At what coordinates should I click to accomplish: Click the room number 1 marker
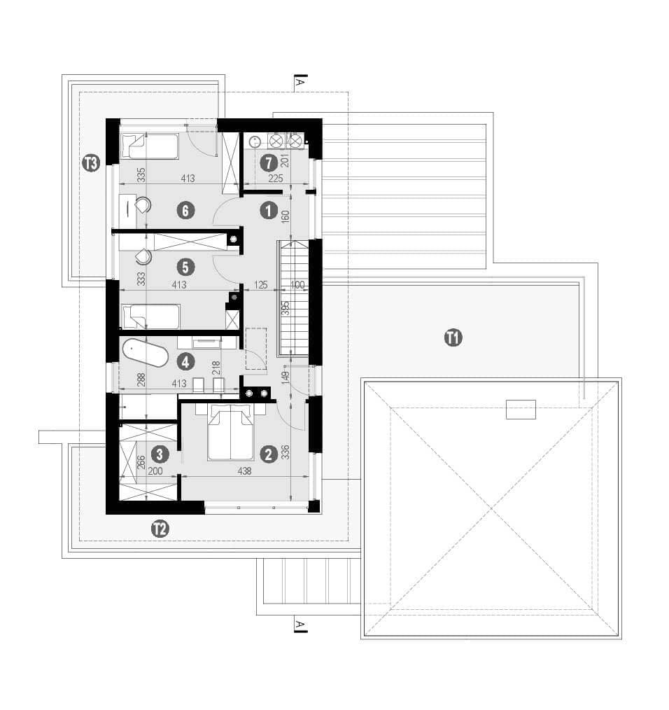[269, 211]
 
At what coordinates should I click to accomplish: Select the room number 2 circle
[269, 454]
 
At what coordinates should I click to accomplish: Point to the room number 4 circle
[185, 362]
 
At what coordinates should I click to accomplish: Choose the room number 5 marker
[185, 267]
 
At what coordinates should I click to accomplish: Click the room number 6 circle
[185, 211]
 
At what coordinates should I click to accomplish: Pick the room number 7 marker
[269, 162]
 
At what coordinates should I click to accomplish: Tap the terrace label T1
[453, 337]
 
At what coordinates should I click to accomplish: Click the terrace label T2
[160, 529]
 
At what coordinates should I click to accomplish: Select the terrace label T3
[91, 162]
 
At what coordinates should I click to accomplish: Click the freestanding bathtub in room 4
[146, 353]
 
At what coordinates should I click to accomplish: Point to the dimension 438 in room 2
[244, 471]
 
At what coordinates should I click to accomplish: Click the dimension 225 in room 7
[276, 179]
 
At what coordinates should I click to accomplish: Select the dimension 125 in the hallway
[261, 285]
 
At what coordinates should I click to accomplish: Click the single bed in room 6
[149, 146]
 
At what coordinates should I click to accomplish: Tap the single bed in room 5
[151, 316]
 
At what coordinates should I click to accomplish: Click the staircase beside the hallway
[293, 297]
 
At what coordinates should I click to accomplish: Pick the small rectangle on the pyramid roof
[521, 410]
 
